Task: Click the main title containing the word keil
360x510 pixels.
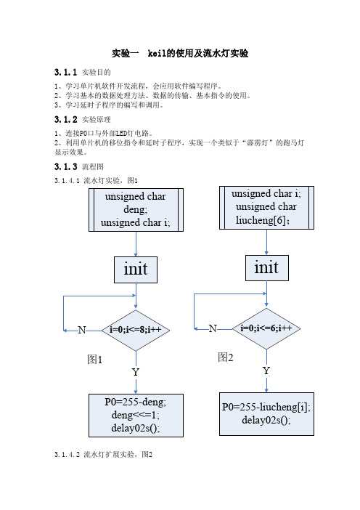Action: pyautogui.click(x=180, y=53)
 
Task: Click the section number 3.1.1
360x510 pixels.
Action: pyautogui.click(x=65, y=72)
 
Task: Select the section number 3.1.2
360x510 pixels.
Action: pyautogui.click(x=65, y=119)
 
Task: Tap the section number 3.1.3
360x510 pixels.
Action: pyautogui.click(x=65, y=166)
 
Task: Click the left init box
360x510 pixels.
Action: pyautogui.click(x=136, y=270)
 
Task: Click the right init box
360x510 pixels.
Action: pyautogui.click(x=267, y=267)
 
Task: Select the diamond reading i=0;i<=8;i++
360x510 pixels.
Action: pyautogui.click(x=136, y=330)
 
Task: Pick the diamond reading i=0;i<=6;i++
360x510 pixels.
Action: pyautogui.click(x=266, y=328)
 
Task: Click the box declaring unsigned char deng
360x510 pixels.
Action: pyautogui.click(x=136, y=210)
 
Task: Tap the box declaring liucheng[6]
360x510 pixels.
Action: pyautogui.click(x=266, y=208)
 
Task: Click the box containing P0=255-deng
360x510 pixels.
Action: pyautogui.click(x=136, y=416)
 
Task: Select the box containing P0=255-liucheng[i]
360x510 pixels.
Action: pyautogui.click(x=266, y=413)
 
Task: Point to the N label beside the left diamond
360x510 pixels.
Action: pyautogui.click(x=82, y=330)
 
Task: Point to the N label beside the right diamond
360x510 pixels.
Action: pyautogui.click(x=213, y=328)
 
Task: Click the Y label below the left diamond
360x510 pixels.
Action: pyautogui.click(x=136, y=372)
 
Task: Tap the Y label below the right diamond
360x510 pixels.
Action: pyautogui.click(x=266, y=371)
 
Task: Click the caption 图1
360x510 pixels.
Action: pyautogui.click(x=95, y=360)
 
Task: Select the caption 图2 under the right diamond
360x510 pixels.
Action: pyautogui.click(x=226, y=357)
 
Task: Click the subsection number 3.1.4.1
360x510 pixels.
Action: pyautogui.click(x=67, y=181)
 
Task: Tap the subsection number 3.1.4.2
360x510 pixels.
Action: pyautogui.click(x=67, y=454)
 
